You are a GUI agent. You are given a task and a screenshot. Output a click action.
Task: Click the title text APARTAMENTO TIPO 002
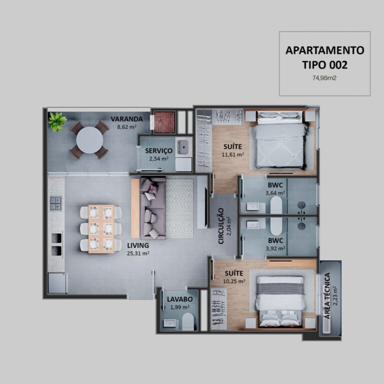pos(324,57)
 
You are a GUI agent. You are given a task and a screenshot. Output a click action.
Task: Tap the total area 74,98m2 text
pos(324,78)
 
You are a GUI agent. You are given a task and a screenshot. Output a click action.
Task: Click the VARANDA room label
pos(126,119)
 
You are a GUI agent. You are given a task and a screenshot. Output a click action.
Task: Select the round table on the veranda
pos(89,139)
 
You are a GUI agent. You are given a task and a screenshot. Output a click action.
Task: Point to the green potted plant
pos(57,121)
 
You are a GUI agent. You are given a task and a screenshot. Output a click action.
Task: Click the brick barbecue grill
pos(164,122)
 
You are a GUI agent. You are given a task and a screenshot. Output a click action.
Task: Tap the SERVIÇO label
pos(158,150)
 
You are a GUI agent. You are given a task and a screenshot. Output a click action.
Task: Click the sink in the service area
pos(183,146)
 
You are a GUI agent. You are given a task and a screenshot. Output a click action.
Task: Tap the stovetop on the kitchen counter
pos(55,203)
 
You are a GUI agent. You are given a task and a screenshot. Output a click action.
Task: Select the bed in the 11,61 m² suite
pos(280,142)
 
